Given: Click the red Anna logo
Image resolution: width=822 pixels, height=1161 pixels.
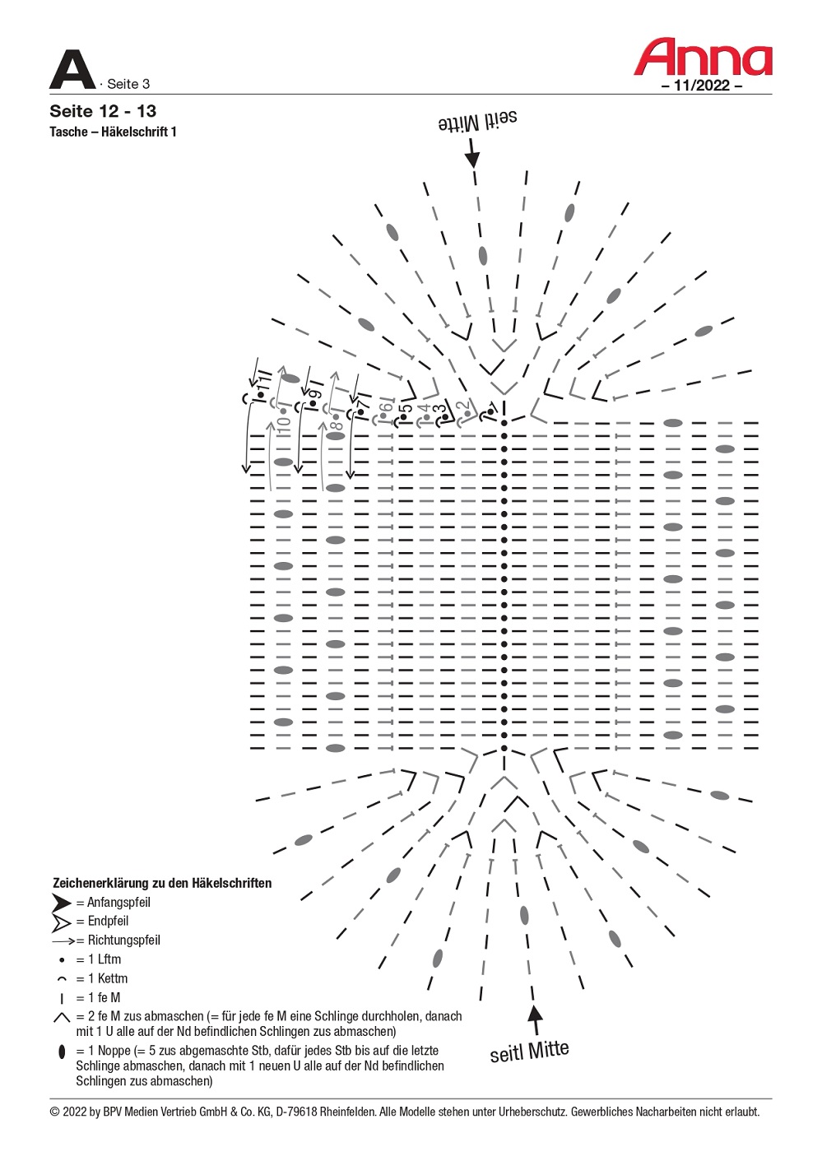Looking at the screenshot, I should point(703,57).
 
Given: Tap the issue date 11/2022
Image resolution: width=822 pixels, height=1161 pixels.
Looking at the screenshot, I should point(701,85).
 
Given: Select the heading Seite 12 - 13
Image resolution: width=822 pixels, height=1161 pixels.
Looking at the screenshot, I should point(103,111).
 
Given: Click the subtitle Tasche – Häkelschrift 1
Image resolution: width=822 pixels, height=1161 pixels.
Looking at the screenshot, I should point(113,132).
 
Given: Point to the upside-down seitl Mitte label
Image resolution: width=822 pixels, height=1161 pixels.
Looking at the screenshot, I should point(478,121).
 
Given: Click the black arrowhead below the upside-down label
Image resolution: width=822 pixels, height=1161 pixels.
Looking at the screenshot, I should point(472,157).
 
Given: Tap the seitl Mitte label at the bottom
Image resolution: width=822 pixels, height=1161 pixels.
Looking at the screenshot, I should point(529,1052).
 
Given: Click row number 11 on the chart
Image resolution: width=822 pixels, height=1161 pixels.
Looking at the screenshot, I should point(264,383).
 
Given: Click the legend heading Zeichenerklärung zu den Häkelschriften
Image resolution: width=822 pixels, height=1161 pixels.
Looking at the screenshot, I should point(162,883).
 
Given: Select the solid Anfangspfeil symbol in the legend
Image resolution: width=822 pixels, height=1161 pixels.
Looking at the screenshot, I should point(62,903).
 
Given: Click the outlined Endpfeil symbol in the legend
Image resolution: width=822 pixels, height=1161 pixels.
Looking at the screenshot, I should point(62,922).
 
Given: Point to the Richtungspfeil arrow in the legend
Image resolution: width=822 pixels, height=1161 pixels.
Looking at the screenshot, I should point(64,940).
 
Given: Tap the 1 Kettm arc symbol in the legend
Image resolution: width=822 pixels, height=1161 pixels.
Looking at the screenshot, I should point(62,979).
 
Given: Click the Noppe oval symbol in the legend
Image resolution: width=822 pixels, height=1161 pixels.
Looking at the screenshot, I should point(62,1052).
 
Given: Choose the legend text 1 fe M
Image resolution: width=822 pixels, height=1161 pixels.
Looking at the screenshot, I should point(104,998).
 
